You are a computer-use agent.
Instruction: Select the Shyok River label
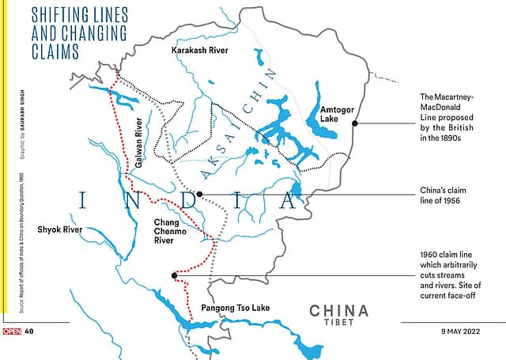point(60,230)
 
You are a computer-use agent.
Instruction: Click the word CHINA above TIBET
point(338,310)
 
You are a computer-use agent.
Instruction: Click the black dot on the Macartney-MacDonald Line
point(355,123)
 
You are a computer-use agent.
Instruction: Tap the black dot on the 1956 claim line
point(199,193)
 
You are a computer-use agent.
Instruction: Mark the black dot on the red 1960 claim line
point(174,275)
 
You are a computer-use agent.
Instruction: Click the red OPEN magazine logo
point(11,331)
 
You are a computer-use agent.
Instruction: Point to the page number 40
point(29,331)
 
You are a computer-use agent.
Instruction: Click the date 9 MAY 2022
point(470,331)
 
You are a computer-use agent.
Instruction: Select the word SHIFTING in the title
point(60,15)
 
